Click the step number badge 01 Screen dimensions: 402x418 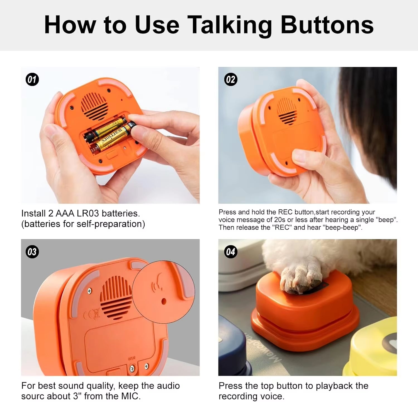(32, 80)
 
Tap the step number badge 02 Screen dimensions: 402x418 (230, 80)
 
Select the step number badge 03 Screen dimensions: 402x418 (32, 252)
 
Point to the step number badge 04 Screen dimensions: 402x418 (230, 252)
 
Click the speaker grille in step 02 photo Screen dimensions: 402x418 (287, 111)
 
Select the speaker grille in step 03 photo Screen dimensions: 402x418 (116, 297)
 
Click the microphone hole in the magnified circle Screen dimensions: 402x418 (164, 301)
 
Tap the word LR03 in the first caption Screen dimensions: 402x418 (88, 213)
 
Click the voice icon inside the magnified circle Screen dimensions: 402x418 (157, 283)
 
